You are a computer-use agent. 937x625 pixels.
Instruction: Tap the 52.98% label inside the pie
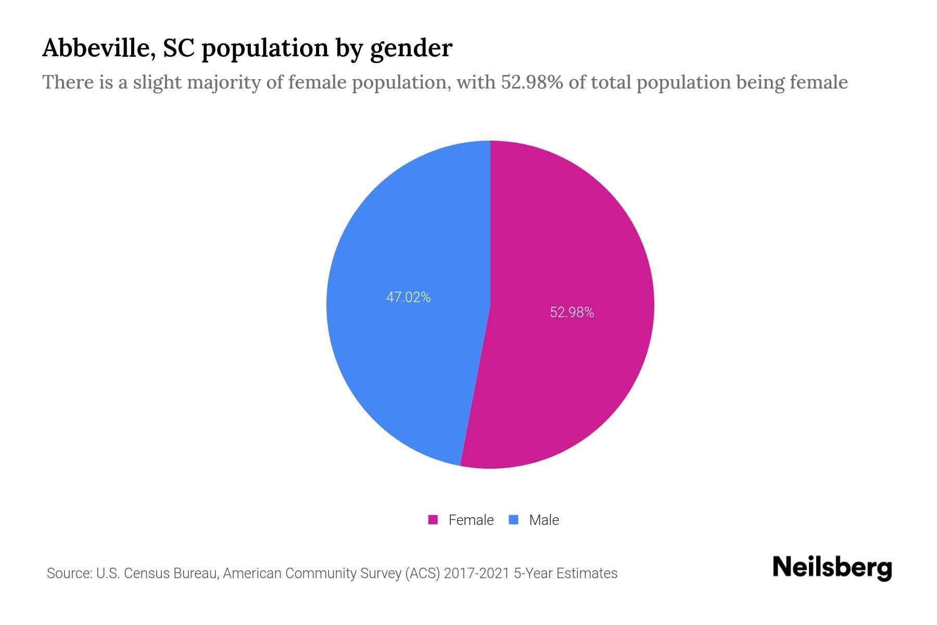[x=572, y=312]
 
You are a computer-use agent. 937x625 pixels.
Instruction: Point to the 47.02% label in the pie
[x=408, y=297]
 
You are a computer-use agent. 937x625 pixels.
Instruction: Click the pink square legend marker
[x=433, y=520]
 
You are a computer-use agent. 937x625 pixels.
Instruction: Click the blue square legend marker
[x=514, y=520]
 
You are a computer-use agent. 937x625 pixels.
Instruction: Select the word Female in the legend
[x=471, y=520]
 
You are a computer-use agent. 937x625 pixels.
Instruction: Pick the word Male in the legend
[x=543, y=520]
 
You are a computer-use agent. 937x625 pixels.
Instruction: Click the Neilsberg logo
[x=832, y=567]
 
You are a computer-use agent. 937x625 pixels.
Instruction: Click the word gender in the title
[x=411, y=49]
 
